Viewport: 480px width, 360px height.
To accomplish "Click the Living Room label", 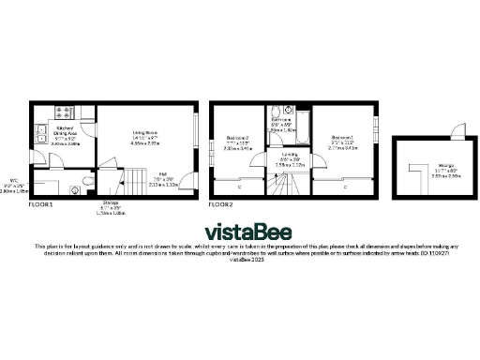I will click(145, 139).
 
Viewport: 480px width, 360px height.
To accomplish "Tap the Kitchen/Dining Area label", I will click(66, 136).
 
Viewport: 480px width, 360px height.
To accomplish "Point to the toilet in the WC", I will click(86, 178).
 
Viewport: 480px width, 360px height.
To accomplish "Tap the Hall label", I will click(163, 177).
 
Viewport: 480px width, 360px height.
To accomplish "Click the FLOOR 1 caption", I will click(40, 203).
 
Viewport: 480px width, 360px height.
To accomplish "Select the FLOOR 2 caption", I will click(220, 203).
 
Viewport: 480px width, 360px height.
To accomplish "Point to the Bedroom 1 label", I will click(343, 141).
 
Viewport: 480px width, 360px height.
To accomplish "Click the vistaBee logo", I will click(239, 231).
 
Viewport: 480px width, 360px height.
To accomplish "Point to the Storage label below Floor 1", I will click(112, 205).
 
